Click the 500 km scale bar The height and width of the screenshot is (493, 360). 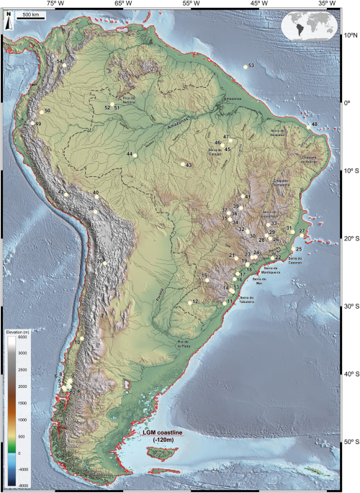tap(28, 15)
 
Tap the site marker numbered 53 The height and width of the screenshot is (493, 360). tap(245, 67)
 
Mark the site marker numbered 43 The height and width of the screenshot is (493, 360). tap(183, 164)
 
